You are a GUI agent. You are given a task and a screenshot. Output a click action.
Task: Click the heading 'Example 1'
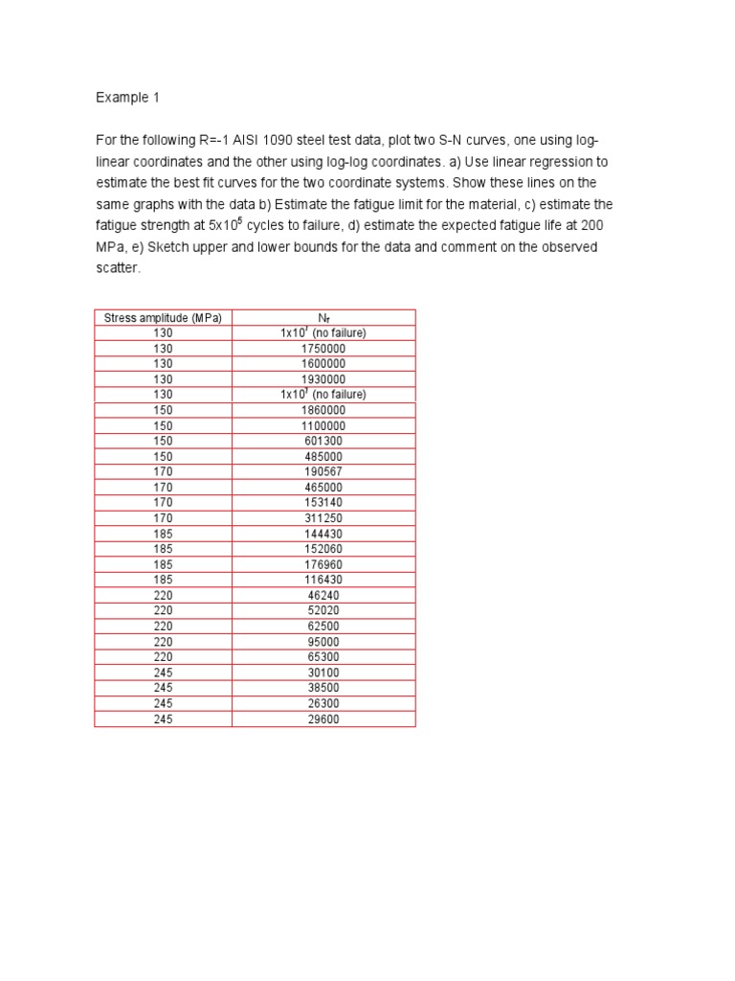pos(122,98)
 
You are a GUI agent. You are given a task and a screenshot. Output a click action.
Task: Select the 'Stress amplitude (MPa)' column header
pos(163,318)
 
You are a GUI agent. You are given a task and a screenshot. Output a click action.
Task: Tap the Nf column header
pos(323,318)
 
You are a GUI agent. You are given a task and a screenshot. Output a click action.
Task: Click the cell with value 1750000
pos(323,349)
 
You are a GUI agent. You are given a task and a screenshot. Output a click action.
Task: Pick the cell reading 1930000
pos(323,379)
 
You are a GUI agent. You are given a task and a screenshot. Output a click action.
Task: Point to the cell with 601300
pos(323,441)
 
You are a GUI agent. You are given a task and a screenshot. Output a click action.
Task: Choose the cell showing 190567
pos(323,471)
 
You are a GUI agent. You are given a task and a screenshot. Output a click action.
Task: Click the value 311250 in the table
pos(323,518)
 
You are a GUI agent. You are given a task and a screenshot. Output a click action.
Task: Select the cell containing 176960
pos(323,564)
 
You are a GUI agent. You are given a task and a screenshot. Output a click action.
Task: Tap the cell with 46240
pos(323,595)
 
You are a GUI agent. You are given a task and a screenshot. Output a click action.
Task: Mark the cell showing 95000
pos(323,642)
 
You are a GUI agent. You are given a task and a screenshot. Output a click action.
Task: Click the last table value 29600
pos(323,719)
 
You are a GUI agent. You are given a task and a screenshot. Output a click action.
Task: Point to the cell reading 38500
pos(323,688)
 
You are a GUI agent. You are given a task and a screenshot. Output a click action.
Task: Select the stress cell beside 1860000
pos(163,410)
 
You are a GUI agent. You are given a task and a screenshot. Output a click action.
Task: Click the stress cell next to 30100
pos(163,673)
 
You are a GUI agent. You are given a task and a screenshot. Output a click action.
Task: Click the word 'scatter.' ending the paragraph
pos(118,268)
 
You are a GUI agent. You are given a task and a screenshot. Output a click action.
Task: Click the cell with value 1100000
pos(323,425)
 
